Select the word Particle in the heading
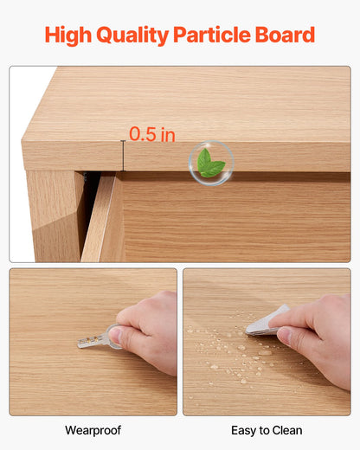coord(210,35)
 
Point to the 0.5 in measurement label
coord(152,134)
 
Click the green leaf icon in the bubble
coord(210,162)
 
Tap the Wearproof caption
coord(93,430)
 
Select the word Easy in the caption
coord(246,430)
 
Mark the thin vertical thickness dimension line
coord(123,156)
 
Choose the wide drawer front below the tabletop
coord(234,221)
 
